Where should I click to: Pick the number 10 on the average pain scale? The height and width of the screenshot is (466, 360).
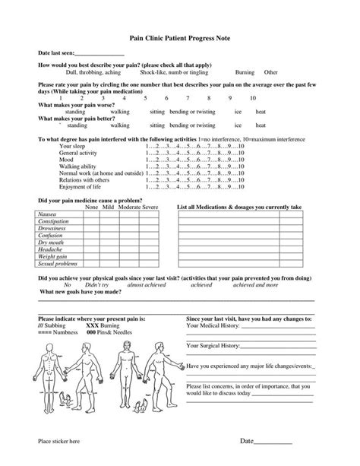pos(252,97)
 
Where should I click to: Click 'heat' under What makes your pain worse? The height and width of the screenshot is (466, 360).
pos(261,112)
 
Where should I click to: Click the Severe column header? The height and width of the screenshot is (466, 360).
pos(150,207)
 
